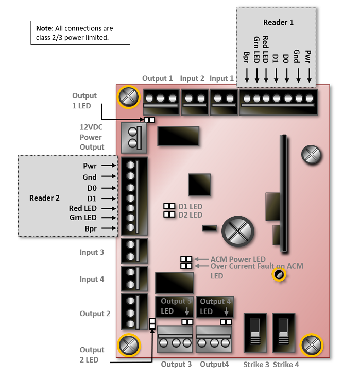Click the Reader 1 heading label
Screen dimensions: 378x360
click(x=278, y=23)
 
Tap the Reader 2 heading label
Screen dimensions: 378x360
click(x=44, y=198)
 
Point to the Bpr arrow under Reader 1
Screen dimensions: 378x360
click(x=247, y=75)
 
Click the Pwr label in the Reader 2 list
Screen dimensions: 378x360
click(x=90, y=166)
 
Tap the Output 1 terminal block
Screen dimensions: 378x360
click(x=161, y=101)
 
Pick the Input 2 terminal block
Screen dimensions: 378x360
click(x=195, y=101)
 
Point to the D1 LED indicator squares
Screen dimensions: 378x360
click(x=169, y=206)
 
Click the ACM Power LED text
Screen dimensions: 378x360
click(x=238, y=259)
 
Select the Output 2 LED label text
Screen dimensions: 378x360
click(x=92, y=354)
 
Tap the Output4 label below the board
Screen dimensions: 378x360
click(x=214, y=365)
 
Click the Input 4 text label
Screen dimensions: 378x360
click(x=92, y=279)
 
